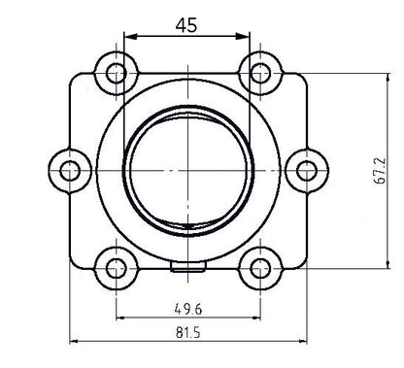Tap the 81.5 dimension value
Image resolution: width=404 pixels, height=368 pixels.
point(188,330)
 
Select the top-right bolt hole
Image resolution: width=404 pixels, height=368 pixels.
point(259,73)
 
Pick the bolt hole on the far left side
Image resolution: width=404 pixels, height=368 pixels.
point(69,171)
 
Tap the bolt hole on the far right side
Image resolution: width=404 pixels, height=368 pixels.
point(307,171)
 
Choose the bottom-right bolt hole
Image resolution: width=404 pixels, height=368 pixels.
point(259,267)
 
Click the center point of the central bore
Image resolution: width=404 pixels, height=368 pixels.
point(187,170)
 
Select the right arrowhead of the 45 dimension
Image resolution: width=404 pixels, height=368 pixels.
point(246,38)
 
